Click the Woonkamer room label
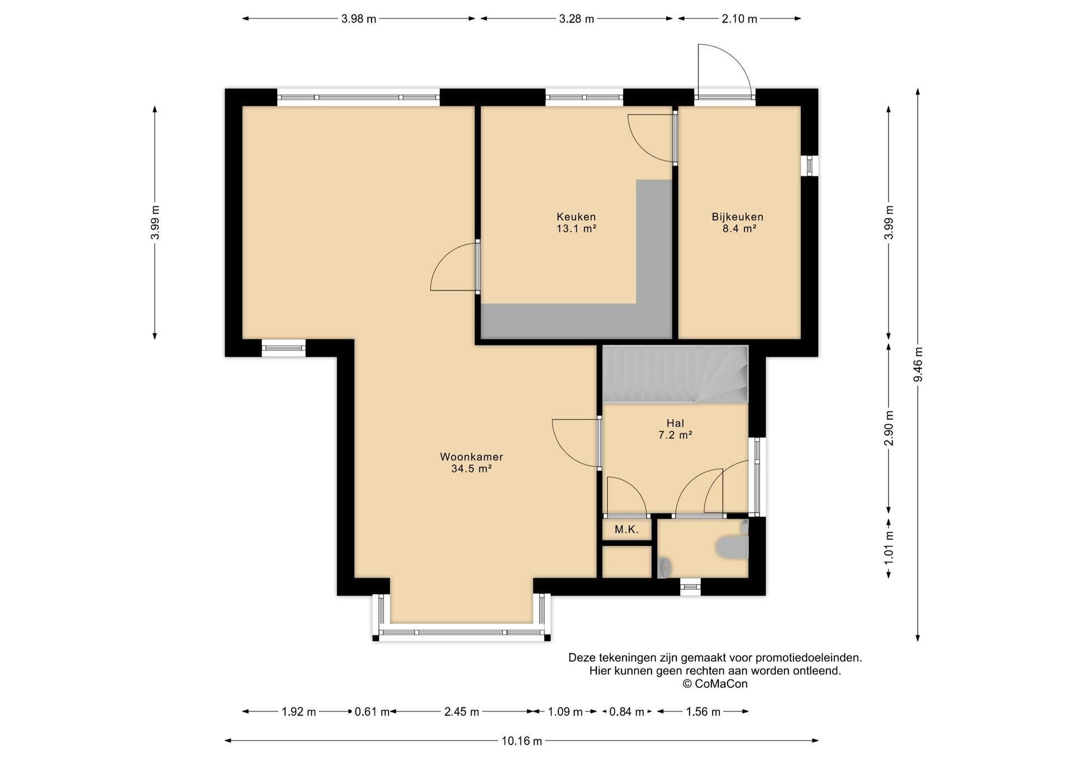471,457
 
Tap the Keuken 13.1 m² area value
576,229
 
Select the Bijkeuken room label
737,217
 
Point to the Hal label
675,423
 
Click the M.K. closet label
626,529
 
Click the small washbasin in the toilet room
665,567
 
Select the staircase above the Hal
675,374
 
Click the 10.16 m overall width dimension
521,741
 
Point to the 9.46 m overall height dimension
918,364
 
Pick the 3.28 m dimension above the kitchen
576,19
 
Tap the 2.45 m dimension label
462,712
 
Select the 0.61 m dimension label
372,712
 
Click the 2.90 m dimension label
889,428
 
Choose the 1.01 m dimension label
889,547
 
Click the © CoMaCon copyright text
715,684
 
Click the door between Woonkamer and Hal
576,443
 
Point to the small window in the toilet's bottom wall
690,586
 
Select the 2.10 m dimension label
739,19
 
